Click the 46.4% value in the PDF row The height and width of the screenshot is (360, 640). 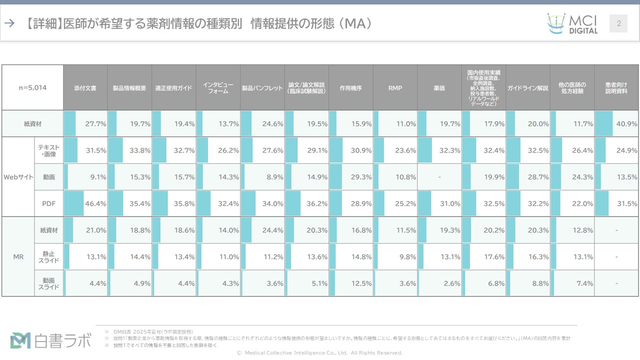[x=95, y=203]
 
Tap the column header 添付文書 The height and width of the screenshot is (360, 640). [x=85, y=88]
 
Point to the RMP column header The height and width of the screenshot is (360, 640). [x=395, y=88]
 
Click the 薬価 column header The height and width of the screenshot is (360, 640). [x=439, y=88]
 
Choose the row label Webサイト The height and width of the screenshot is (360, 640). [x=18, y=177]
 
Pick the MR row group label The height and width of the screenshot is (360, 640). [x=18, y=257]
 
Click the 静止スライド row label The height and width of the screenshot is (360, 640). [x=49, y=257]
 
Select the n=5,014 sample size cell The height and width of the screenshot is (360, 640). [x=33, y=88]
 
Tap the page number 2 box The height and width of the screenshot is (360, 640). [x=618, y=23]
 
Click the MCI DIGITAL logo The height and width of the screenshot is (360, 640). [x=572, y=23]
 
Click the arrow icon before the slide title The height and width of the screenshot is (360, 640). [x=9, y=23]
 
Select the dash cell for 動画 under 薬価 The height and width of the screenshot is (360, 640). [x=439, y=177]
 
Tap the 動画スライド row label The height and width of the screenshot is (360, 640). [x=49, y=283]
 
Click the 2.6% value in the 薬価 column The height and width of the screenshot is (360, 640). [x=452, y=283]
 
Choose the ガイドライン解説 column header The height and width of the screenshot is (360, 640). [x=528, y=88]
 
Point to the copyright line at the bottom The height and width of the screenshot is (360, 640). [x=319, y=353]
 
